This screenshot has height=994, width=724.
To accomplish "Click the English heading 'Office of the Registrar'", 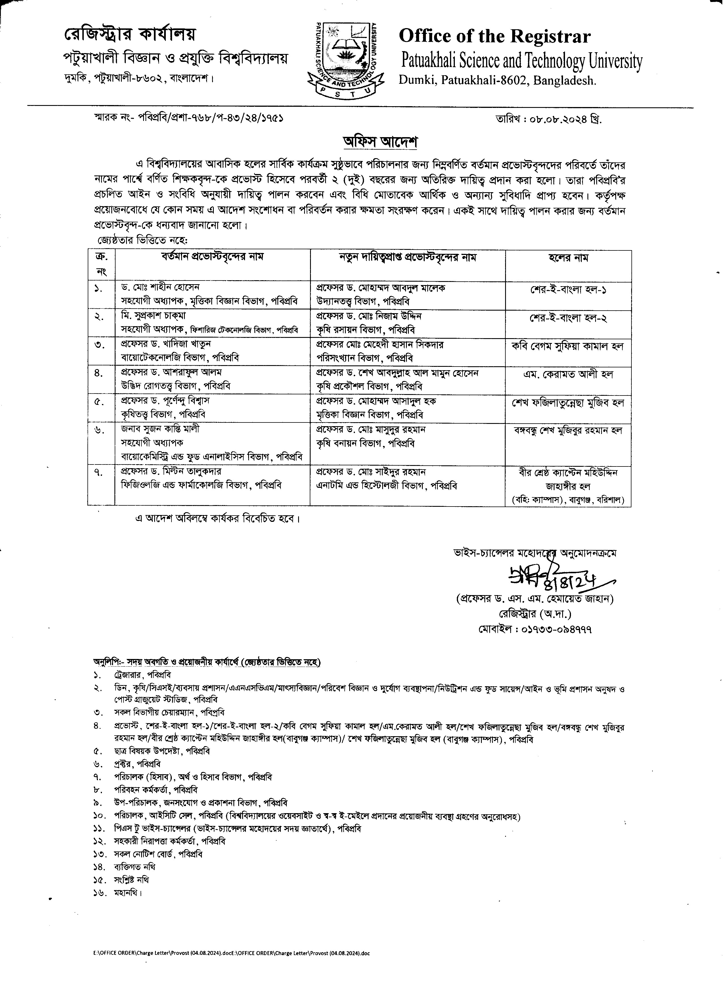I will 494,36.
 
